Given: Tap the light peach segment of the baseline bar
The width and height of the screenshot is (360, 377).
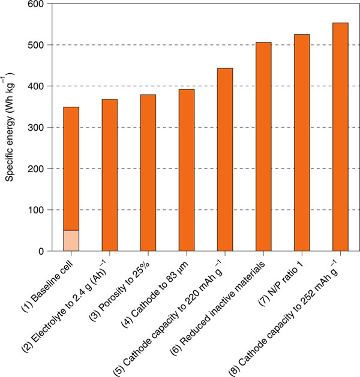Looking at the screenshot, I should click(x=71, y=240).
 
